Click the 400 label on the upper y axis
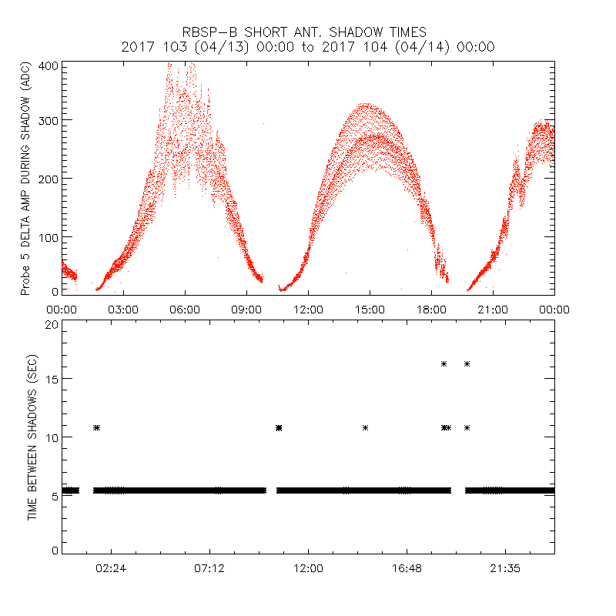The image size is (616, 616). click(x=48, y=65)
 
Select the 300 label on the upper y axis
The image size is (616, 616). click(x=48, y=121)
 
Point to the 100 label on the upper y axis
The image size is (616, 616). click(x=48, y=236)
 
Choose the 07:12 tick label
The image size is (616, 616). click(x=209, y=568)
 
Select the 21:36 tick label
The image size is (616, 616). click(x=505, y=568)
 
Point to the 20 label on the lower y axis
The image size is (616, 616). click(x=51, y=324)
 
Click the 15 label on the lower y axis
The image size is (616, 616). click(x=51, y=379)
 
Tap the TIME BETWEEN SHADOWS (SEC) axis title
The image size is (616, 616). click(x=32, y=437)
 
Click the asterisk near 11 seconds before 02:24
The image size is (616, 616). click(x=96, y=427)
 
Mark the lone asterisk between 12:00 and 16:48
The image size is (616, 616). click(x=365, y=427)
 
